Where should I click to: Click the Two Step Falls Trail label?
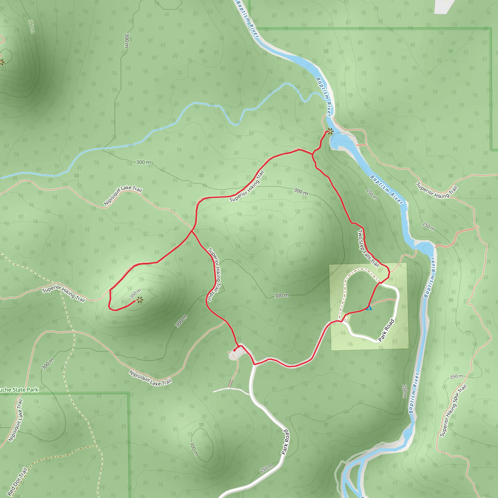pos(368,248)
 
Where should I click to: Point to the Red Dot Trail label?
pos(17,482)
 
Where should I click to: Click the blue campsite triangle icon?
pos(369,308)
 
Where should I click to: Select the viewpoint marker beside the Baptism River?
pos(330,132)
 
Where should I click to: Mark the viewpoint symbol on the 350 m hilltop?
pos(139,300)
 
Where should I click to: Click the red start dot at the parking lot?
pos(235,350)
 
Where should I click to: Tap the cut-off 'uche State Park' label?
pos(18,390)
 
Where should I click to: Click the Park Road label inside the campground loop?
pos(386,330)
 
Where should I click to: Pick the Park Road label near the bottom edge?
pos(285,442)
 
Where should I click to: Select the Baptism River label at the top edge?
pos(247,18)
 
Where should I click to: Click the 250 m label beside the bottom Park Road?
pos(266,468)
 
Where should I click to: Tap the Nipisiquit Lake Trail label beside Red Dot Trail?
pos(16,420)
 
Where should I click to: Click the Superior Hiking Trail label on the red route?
pos(247,186)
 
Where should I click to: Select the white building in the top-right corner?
pos(444,6)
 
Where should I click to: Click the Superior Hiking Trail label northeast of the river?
pos(437,190)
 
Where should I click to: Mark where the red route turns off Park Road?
pos(254,364)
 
